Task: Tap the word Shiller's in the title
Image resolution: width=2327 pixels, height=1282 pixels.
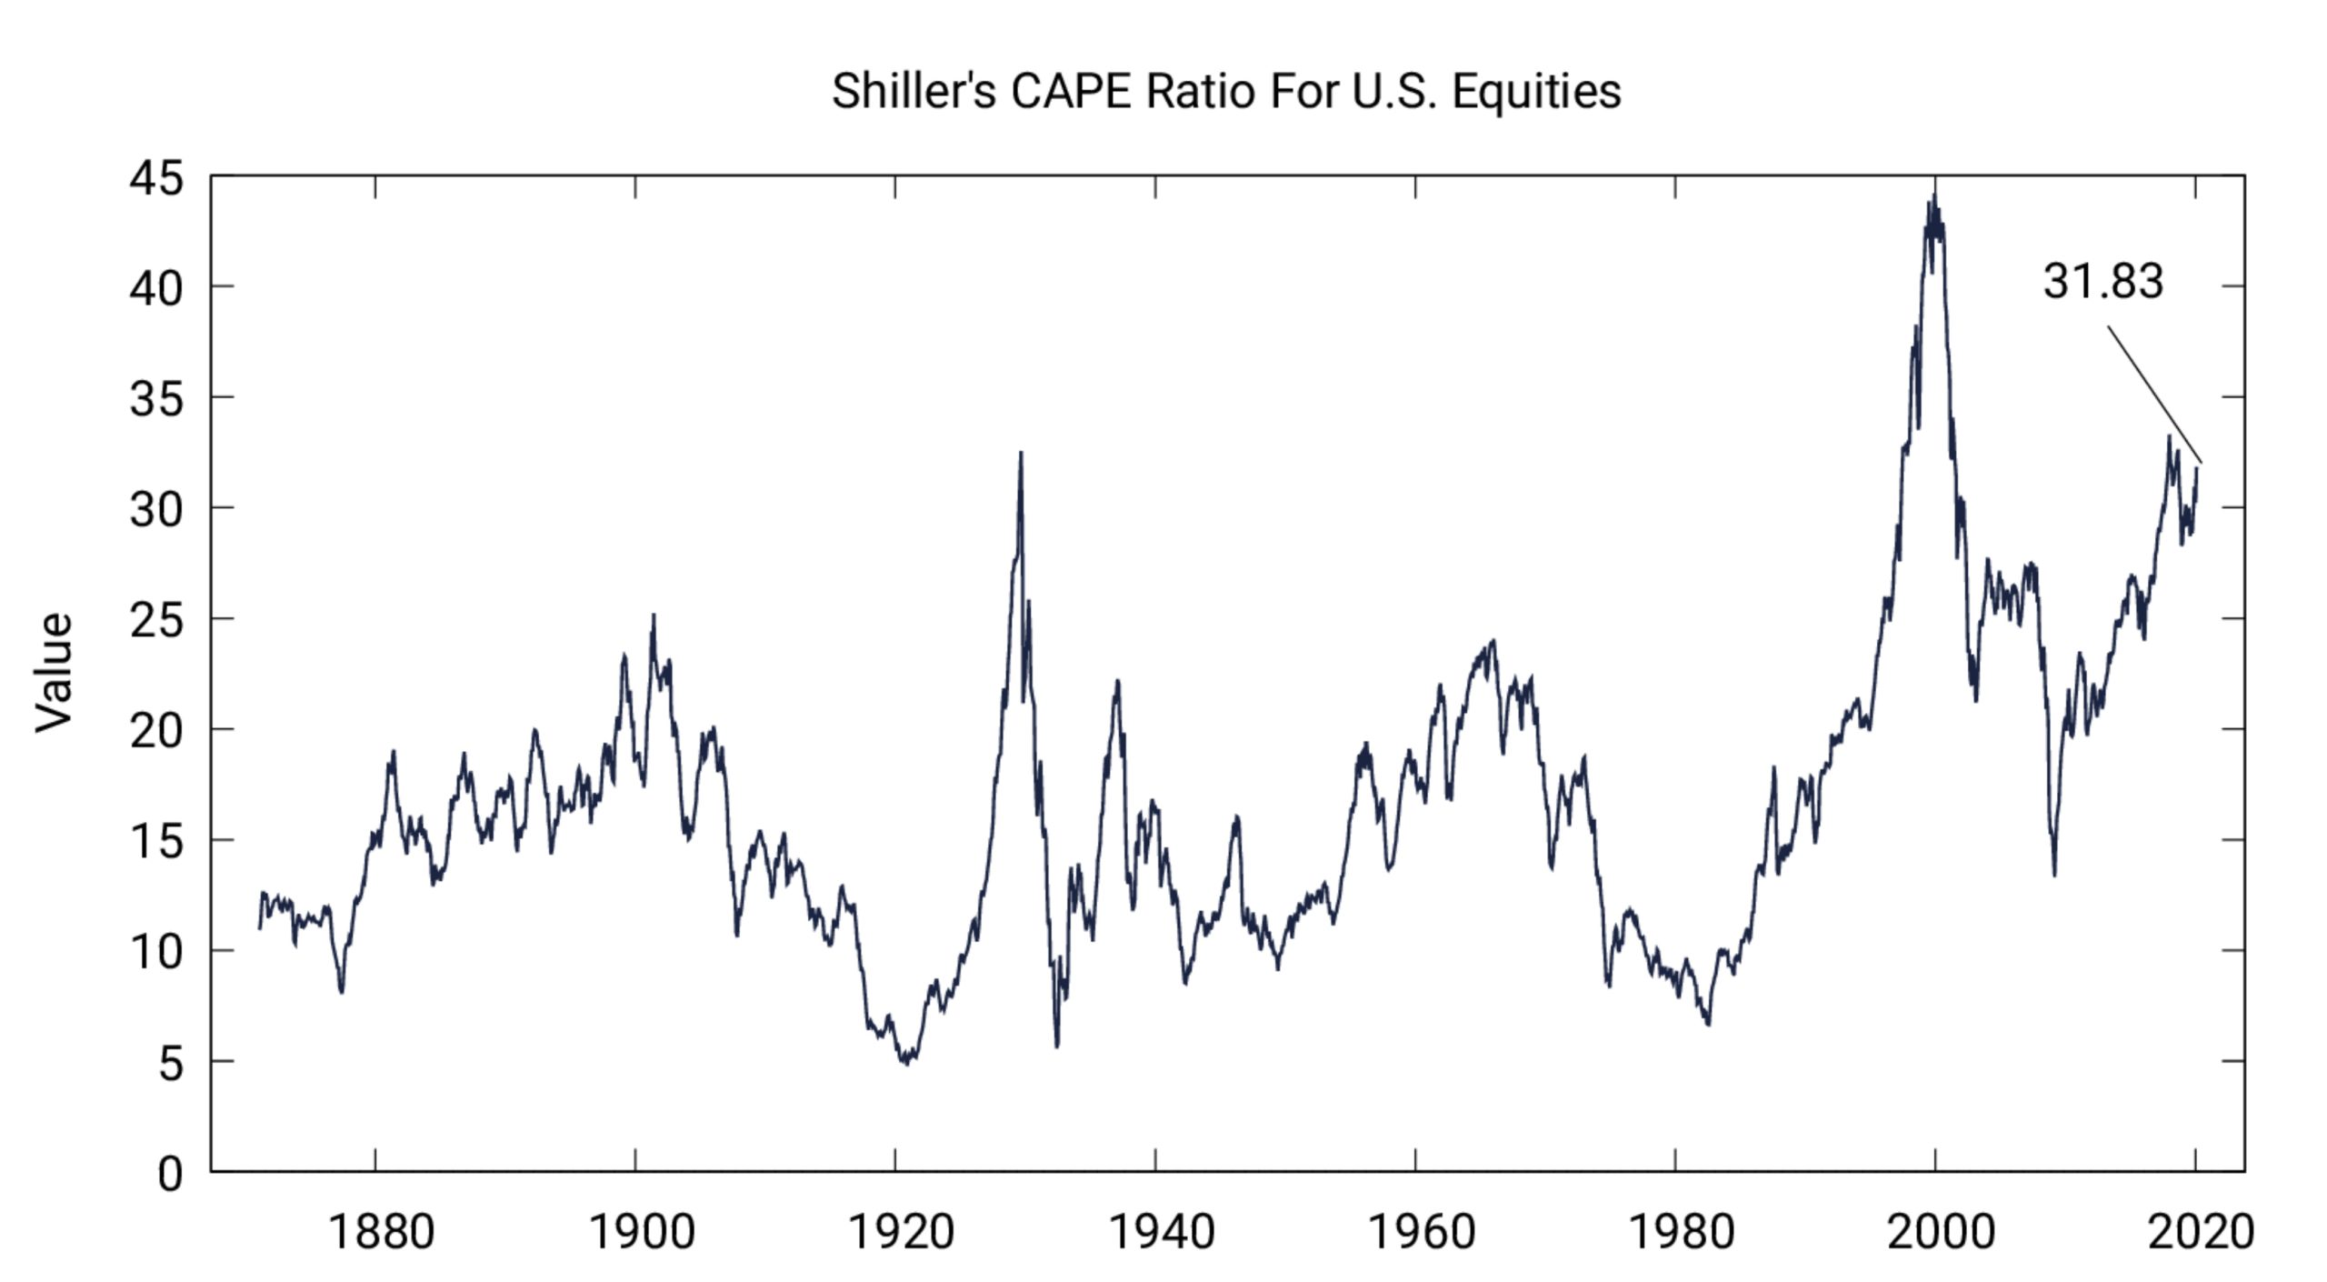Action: click(x=914, y=92)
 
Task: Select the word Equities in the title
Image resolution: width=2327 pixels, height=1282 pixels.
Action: click(x=1536, y=92)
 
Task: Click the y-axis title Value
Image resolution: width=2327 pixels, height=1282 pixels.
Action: click(x=54, y=672)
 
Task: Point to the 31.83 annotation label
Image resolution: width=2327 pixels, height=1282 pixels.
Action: click(x=2102, y=281)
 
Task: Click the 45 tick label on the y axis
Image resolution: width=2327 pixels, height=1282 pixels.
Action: click(x=156, y=178)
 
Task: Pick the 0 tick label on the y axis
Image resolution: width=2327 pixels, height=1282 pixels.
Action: click(x=170, y=1174)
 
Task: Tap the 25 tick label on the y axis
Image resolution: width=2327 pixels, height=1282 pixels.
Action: click(x=156, y=621)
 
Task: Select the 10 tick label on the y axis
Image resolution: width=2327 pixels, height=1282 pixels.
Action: click(x=156, y=953)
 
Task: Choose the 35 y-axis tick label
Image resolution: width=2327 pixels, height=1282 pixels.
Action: click(x=156, y=399)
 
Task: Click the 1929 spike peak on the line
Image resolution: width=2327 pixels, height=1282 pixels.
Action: click(x=1021, y=453)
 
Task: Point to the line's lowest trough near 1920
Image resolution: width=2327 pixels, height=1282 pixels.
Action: click(x=906, y=1063)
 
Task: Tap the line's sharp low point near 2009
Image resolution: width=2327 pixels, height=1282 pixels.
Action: click(x=2054, y=875)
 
